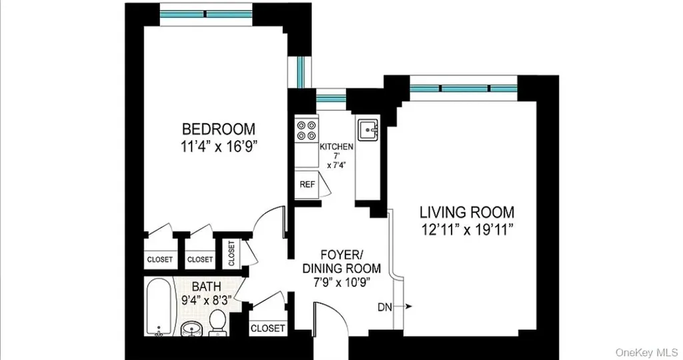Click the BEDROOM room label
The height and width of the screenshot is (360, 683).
pos(219,129)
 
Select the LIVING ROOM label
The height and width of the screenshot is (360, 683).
pos(467,213)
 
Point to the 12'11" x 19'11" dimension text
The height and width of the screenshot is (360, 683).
pos(467,229)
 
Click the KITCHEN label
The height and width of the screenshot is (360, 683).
pos(336,147)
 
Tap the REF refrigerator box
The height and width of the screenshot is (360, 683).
pos(307,185)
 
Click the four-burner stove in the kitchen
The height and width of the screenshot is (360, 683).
pos(306,130)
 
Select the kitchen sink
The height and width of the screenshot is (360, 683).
pos(368,129)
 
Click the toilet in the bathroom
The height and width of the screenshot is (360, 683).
pos(217,323)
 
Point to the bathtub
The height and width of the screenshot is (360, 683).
pos(159,307)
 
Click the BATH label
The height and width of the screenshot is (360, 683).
pos(207,287)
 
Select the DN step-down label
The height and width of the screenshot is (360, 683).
pos(385,307)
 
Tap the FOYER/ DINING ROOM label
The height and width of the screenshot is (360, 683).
pos(341,261)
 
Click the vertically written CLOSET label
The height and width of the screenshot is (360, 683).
pos(231,253)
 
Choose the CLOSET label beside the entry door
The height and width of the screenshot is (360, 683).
pos(267,328)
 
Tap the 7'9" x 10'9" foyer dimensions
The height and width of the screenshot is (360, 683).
pos(341,282)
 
